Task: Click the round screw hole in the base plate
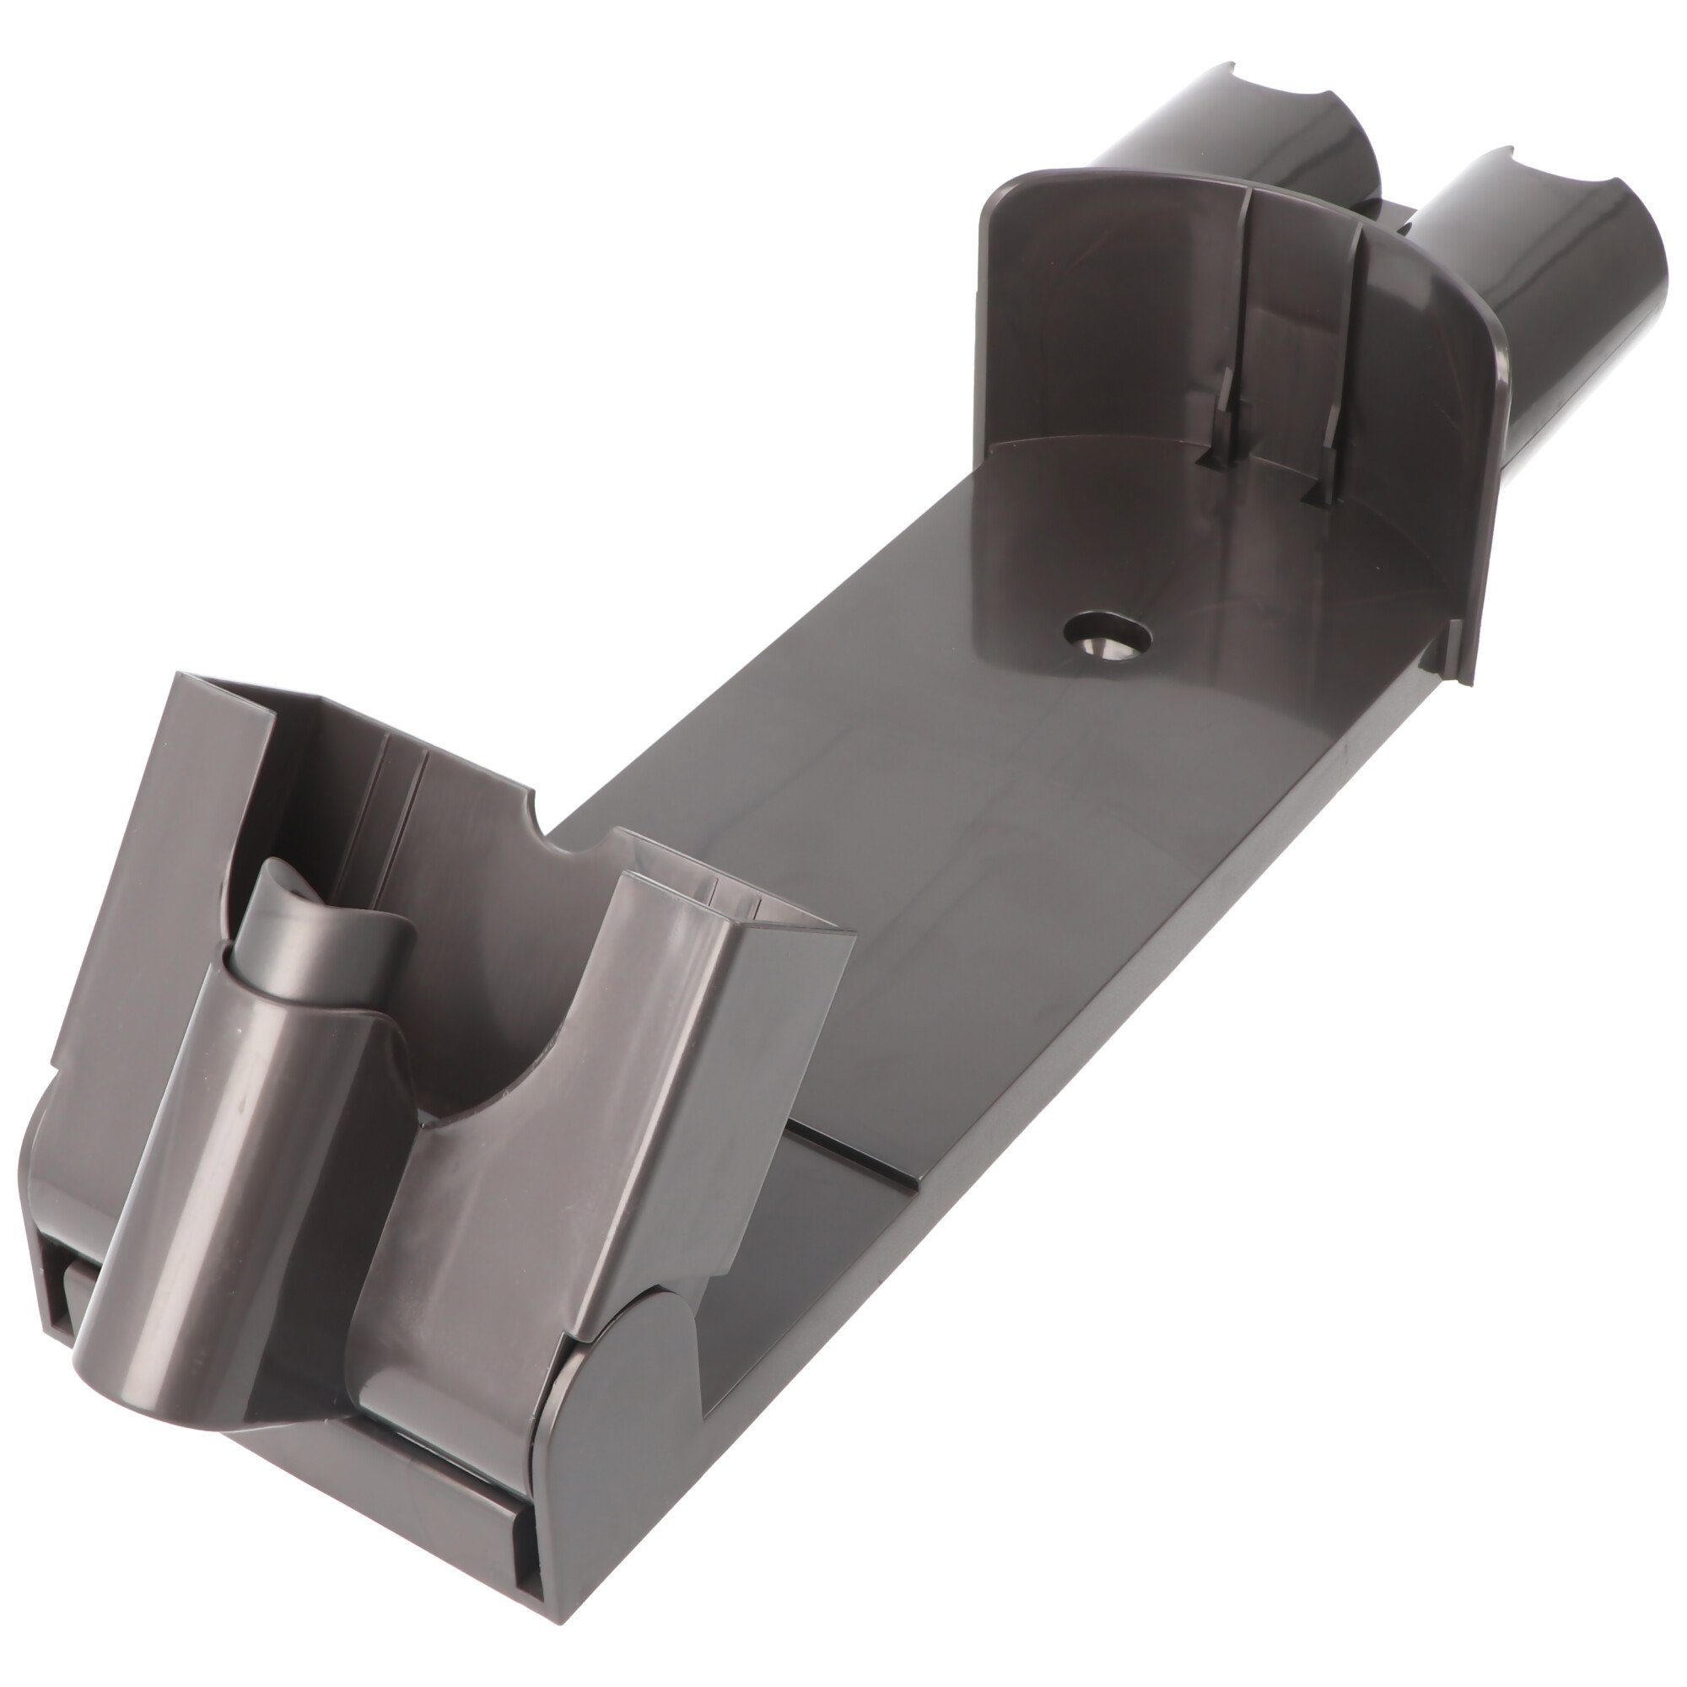pos(1108,635)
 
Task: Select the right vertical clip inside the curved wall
pos(1327,454)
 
